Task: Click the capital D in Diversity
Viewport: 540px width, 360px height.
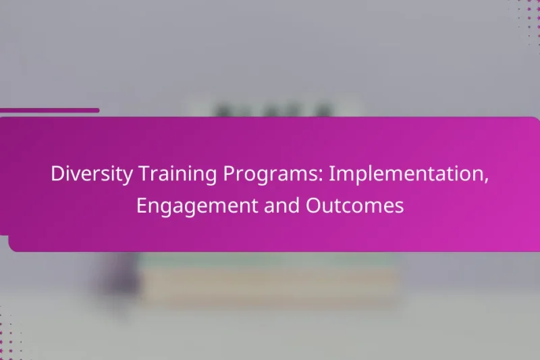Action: [x=57, y=175]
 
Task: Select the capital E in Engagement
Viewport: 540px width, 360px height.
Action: [x=141, y=206]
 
